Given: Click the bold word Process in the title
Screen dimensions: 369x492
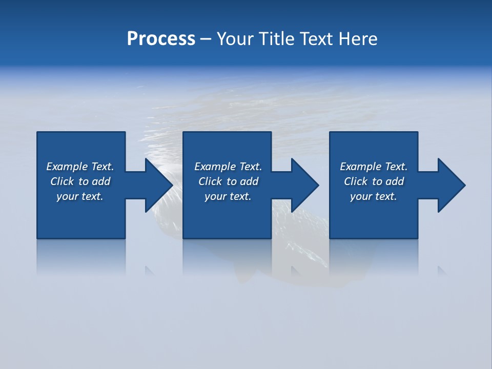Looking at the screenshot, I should click(161, 39).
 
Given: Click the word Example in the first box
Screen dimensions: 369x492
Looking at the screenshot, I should click(67, 167).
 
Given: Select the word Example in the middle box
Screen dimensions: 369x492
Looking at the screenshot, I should click(215, 167).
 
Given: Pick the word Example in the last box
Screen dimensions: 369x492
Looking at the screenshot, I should click(360, 167).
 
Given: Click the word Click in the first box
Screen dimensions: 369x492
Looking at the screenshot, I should click(62, 181).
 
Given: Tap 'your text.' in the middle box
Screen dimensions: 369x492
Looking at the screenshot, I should click(228, 196).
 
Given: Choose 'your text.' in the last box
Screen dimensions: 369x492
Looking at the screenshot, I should click(373, 196).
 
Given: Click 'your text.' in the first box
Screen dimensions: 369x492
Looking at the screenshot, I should click(79, 196).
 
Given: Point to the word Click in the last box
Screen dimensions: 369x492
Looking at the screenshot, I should click(356, 181).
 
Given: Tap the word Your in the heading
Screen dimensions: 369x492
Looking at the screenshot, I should click(234, 39).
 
